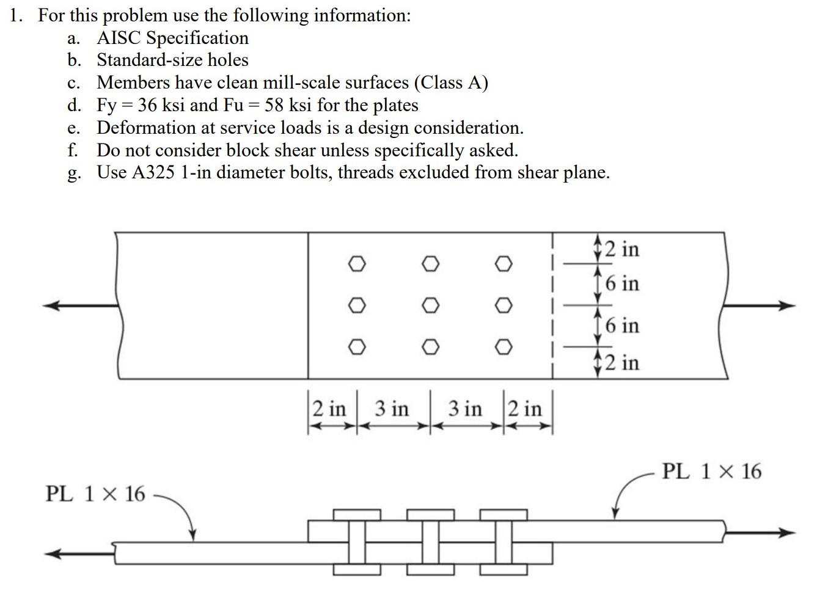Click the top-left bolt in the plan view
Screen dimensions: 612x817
[x=357, y=263]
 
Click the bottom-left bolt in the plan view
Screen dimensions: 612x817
[x=357, y=347]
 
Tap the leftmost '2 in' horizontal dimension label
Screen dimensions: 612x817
[x=329, y=408]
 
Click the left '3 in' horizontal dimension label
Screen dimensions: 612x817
[x=391, y=408]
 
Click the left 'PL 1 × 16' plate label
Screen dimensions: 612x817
[x=95, y=494]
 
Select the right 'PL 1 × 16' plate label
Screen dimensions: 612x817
[x=712, y=472]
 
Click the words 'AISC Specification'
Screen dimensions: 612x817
[x=172, y=38]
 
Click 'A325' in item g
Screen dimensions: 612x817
[x=153, y=172]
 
